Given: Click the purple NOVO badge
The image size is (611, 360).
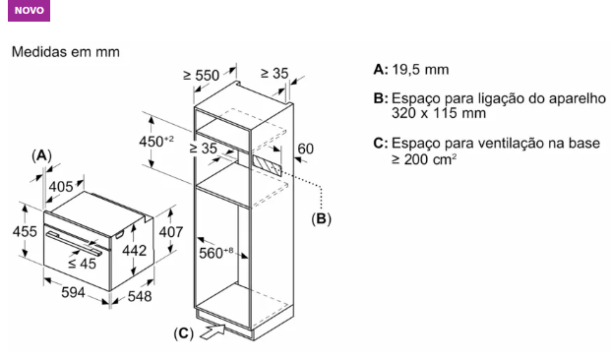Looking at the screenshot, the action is pos(29,11).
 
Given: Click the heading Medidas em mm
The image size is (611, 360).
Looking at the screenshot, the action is pos(66,52).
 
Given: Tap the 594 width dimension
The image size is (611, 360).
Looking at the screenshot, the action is pos(73,292).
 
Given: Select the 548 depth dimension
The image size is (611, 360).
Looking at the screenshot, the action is pos(140,296).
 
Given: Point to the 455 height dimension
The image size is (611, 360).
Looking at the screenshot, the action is pos(25,231).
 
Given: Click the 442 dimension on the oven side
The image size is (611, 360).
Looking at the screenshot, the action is pos(135,251).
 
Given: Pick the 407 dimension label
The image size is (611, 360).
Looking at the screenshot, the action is pos(170,232).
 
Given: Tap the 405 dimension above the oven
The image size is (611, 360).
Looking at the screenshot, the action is pos(61,187).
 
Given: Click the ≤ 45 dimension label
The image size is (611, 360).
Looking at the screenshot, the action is pos(82,264).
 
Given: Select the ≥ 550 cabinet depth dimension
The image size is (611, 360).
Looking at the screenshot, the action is pos(202,75).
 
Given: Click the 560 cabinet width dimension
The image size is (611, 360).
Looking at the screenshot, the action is pos(215,253).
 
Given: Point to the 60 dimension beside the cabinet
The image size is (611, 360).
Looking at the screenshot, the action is pos(305,149).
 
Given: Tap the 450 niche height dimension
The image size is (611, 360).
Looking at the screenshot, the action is pos(156,142).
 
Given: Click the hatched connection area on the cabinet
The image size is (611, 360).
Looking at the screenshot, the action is pos(267,165).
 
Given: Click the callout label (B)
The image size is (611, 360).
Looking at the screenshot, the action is pos(321,218).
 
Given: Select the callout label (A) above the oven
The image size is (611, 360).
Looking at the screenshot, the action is pos(41,155).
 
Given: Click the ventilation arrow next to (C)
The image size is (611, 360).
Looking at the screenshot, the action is pos(213,331).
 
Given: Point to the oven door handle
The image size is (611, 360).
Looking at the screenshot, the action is pos(74,243).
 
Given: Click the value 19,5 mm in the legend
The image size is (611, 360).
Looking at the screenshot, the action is pos(420,70).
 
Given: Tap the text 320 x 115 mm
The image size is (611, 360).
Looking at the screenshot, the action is pos(439,113).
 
